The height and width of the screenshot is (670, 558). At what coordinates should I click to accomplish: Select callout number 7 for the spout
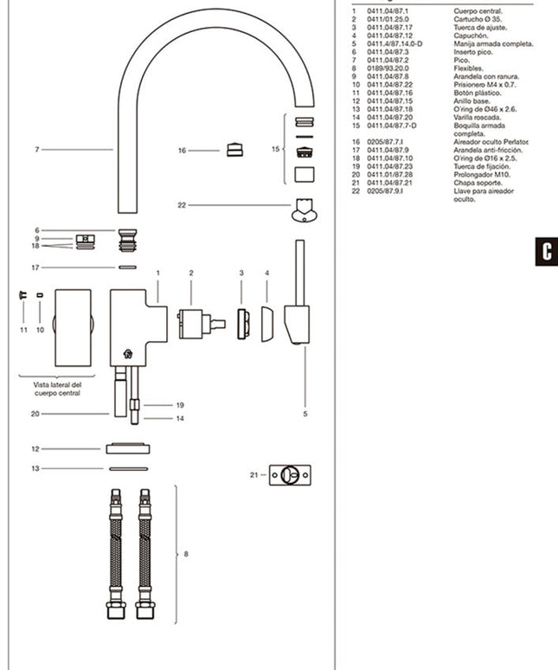point(37,150)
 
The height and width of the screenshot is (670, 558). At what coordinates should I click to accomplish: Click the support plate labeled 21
point(291,475)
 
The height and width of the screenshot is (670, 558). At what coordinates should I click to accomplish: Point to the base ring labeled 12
point(128,448)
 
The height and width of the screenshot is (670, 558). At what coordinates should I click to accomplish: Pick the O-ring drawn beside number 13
point(128,468)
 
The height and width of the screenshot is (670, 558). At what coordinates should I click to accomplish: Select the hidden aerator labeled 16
point(234,150)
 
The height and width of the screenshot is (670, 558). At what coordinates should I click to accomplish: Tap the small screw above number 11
point(22,296)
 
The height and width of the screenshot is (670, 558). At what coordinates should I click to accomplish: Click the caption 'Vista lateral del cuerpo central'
point(57,389)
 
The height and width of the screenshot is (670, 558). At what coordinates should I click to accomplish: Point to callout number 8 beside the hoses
point(186,554)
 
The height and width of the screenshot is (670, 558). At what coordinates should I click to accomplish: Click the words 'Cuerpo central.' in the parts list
point(476,10)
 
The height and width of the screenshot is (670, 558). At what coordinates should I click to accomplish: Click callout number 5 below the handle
point(305,415)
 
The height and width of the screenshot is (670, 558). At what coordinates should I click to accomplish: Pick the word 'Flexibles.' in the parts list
point(469,68)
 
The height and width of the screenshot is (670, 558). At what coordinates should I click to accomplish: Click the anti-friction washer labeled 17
point(127,267)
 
